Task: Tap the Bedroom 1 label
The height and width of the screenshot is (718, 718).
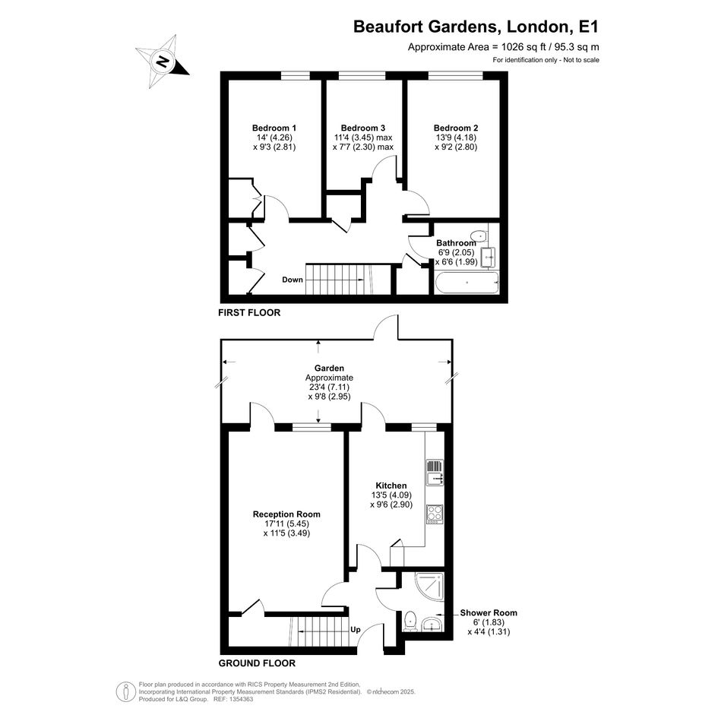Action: [x=274, y=128]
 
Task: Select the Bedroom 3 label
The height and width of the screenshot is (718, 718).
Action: [x=363, y=128]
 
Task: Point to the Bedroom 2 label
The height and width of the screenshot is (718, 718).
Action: [x=456, y=128]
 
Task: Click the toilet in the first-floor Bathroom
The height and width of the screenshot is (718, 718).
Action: [x=479, y=235]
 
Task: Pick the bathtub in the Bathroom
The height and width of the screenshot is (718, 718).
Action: [x=467, y=283]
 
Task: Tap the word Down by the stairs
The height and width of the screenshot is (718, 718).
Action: [x=293, y=280]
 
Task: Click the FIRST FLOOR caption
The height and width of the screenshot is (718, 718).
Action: [x=249, y=313]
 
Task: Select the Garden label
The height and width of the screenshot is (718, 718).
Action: [x=329, y=368]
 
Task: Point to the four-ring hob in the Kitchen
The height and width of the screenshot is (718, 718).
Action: [x=435, y=514]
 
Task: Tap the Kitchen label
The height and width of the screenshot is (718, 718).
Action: [x=391, y=486]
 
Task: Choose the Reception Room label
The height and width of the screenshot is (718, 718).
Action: [x=286, y=514]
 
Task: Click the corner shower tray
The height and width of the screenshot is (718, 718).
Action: [x=429, y=587]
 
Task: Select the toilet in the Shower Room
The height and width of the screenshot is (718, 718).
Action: [x=410, y=621]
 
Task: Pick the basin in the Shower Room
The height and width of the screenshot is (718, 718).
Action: [x=432, y=623]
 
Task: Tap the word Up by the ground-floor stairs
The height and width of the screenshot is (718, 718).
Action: [x=356, y=630]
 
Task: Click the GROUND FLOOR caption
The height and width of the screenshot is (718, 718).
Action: [x=257, y=663]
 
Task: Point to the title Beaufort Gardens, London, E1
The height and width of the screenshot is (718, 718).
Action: [x=476, y=27]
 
